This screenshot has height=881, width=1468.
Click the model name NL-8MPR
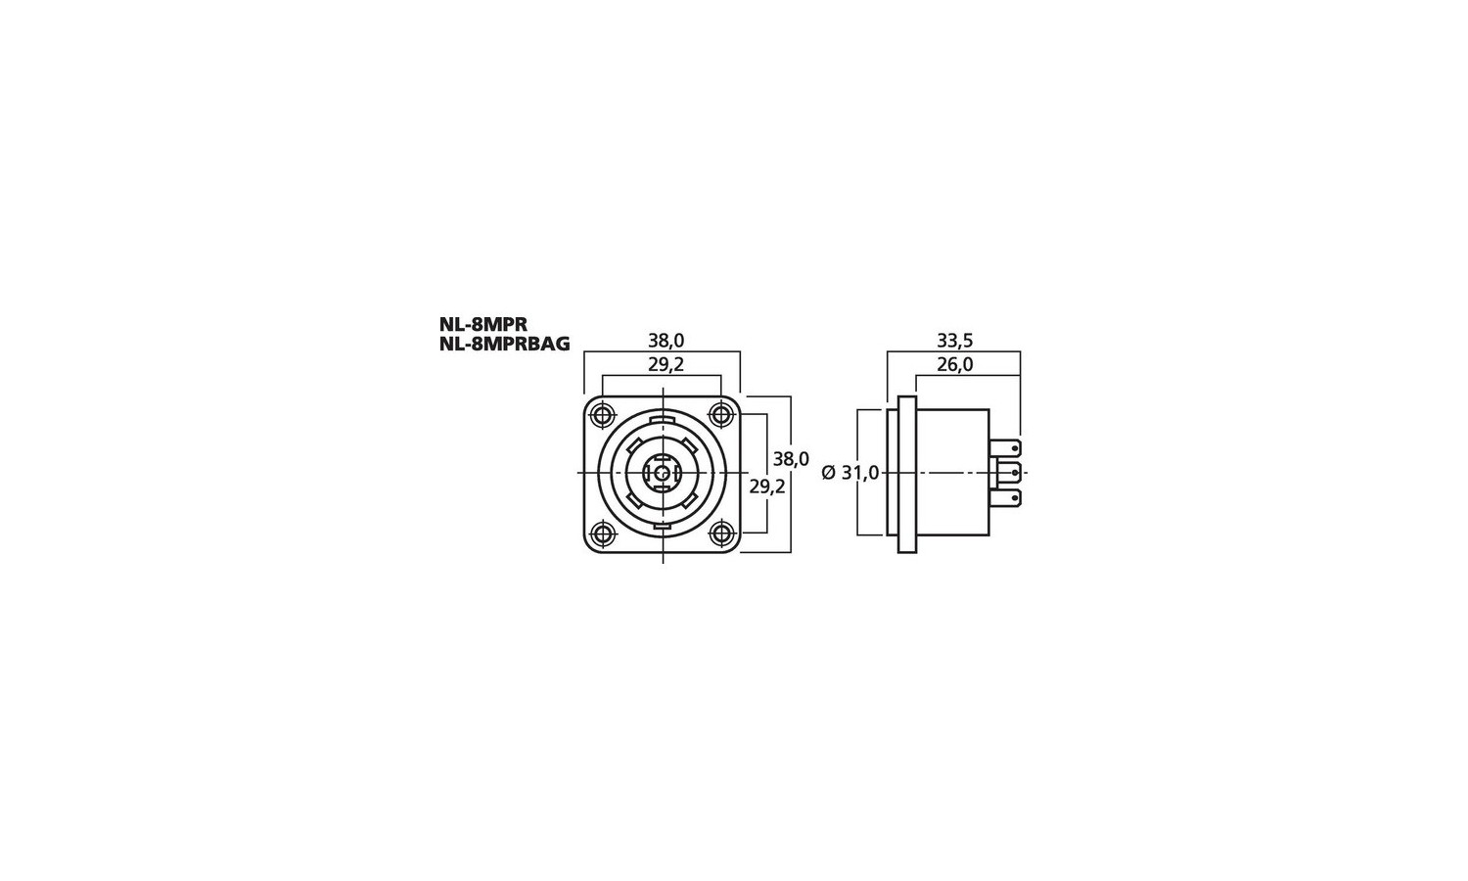[x=483, y=324]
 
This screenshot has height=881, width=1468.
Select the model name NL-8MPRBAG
[x=505, y=345]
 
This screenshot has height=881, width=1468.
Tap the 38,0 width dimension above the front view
[x=665, y=341]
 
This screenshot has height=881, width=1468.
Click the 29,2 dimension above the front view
[x=665, y=365]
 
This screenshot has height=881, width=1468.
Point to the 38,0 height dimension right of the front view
[x=791, y=459]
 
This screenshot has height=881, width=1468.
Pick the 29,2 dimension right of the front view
[x=767, y=487]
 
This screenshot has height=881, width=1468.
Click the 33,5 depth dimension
[x=955, y=341]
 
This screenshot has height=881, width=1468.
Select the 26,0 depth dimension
[x=955, y=365]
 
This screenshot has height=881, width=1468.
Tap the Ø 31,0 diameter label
[x=850, y=472]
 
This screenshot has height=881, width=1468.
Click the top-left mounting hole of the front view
[x=602, y=414]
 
